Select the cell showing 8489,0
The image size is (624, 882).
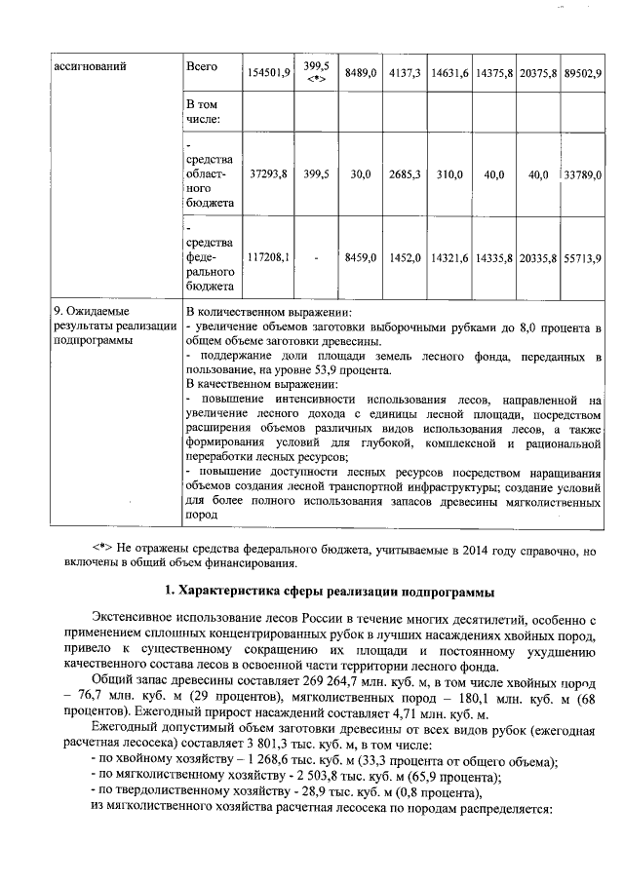[x=361, y=72]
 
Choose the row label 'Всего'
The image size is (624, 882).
[x=201, y=65]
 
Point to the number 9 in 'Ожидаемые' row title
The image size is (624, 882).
[x=57, y=311]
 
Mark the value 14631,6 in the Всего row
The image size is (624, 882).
[x=450, y=72]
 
